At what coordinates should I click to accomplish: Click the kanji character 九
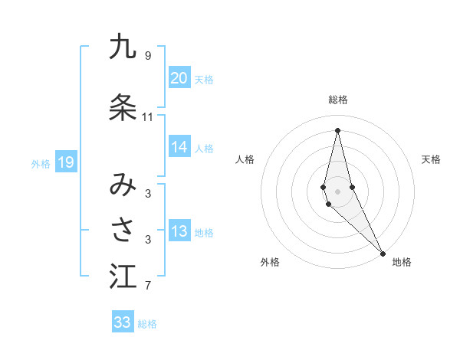coord(123,47)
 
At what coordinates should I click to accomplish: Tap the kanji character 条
coord(123,107)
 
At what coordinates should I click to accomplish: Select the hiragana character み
coord(123,185)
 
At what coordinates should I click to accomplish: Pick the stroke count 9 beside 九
coord(148,56)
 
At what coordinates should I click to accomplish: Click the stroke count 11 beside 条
coord(148,117)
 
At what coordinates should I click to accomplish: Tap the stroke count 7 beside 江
coord(148,286)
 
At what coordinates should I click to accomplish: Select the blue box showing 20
coord(179,78)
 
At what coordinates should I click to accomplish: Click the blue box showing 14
coord(179,148)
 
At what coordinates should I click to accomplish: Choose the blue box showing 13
coord(179,232)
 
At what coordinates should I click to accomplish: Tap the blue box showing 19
coord(65,162)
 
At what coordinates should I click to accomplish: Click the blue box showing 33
coord(123,322)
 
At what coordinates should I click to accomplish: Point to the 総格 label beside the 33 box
coord(147,324)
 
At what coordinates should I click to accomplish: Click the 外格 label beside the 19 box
coord(41,163)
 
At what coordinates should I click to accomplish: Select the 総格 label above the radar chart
coord(338,100)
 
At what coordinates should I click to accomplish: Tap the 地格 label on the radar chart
coord(402,262)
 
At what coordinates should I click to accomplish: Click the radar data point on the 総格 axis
coord(337,129)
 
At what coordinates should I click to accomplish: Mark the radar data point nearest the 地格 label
coord(383,253)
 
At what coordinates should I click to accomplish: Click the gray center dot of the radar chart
coord(337,191)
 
